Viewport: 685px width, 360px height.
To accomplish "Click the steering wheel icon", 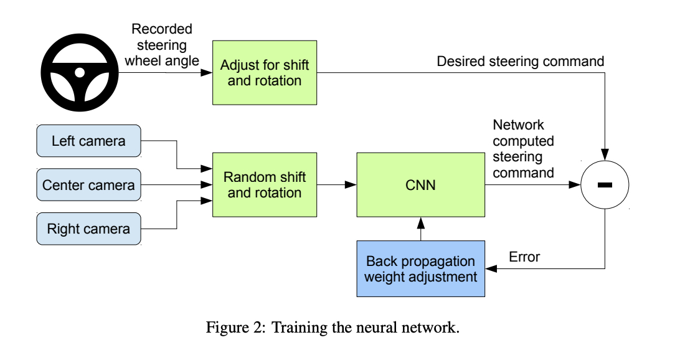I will [x=80, y=73].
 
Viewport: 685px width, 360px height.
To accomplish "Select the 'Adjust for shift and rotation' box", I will [x=265, y=73].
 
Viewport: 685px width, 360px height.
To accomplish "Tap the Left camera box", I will [x=88, y=141].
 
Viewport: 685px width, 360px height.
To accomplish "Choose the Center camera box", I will [x=88, y=185].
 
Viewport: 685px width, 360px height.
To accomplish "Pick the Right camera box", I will [x=88, y=229].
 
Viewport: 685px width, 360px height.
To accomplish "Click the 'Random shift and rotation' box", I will [x=265, y=185].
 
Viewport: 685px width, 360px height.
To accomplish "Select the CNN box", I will [x=420, y=185].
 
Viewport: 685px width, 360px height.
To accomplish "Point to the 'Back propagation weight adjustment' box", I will [x=420, y=268].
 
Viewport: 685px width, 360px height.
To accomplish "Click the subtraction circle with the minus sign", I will [x=605, y=185].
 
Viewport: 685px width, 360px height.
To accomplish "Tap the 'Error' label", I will [x=524, y=257].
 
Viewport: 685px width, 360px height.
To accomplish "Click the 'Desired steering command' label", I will [x=520, y=62].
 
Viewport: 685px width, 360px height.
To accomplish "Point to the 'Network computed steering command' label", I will [x=523, y=149].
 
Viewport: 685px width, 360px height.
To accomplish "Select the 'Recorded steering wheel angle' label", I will [x=161, y=45].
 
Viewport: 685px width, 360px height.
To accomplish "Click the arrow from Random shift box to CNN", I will [x=336, y=185].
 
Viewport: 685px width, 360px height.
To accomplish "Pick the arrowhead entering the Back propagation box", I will [x=489, y=268].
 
